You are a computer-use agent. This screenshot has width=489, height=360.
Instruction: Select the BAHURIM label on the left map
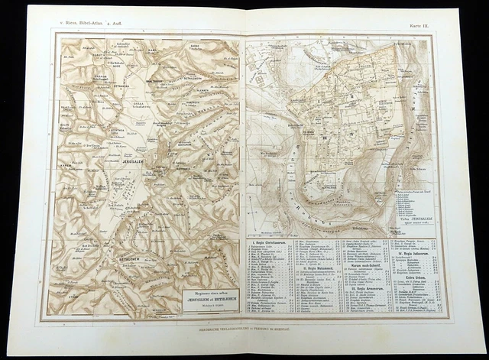[x=186, y=142]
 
